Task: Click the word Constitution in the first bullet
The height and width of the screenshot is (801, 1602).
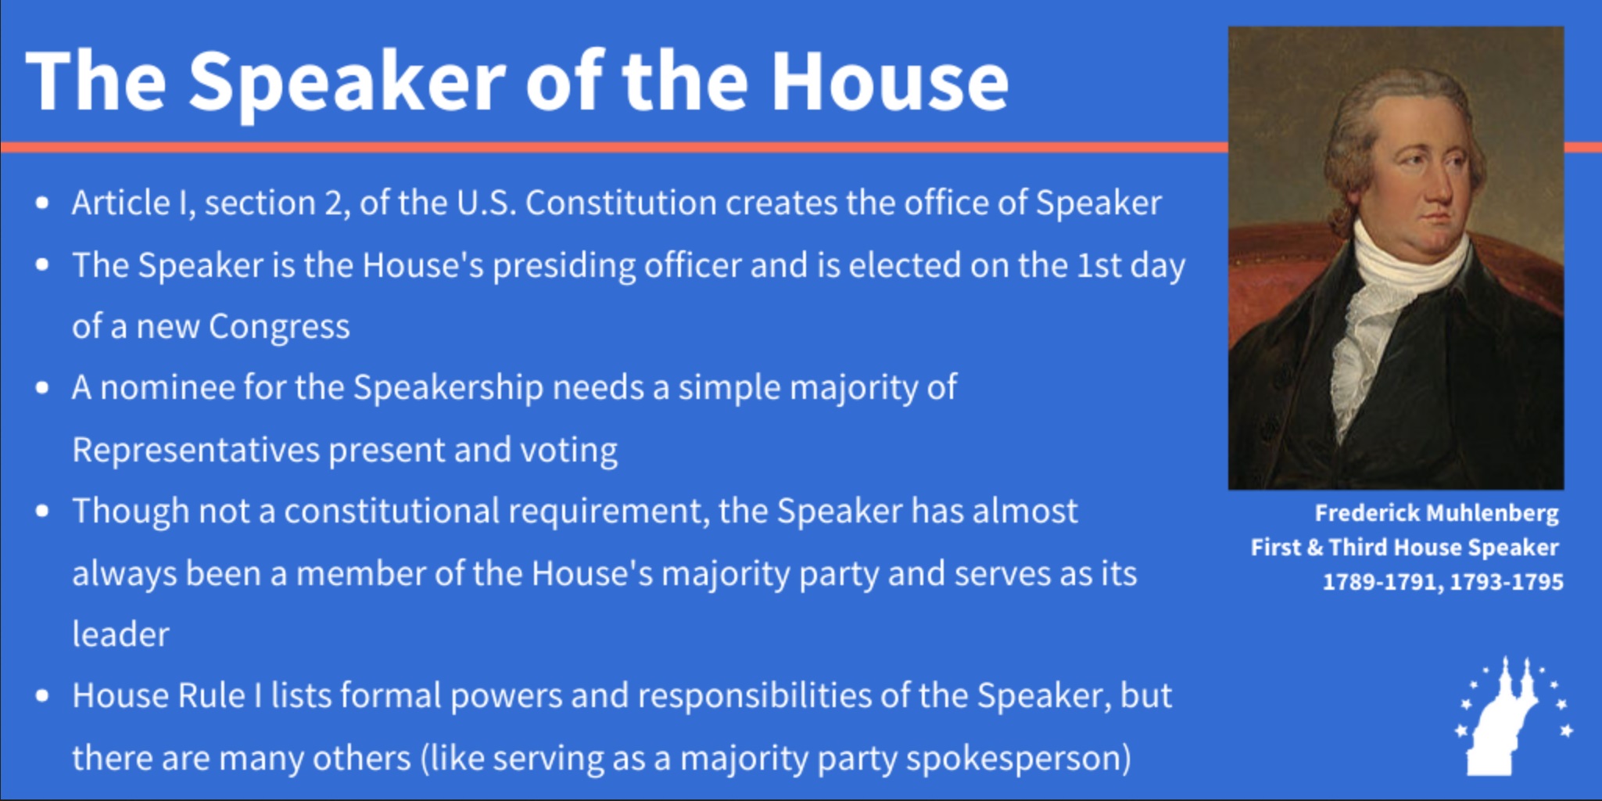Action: pos(621,203)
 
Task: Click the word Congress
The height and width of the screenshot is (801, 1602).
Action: pos(279,327)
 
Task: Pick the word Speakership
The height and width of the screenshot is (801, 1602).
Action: pos(448,388)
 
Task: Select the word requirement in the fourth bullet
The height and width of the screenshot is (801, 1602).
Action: pos(609,512)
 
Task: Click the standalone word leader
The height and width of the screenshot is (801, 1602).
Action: pos(120,634)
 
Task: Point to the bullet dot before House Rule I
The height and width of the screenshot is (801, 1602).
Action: pos(42,695)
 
